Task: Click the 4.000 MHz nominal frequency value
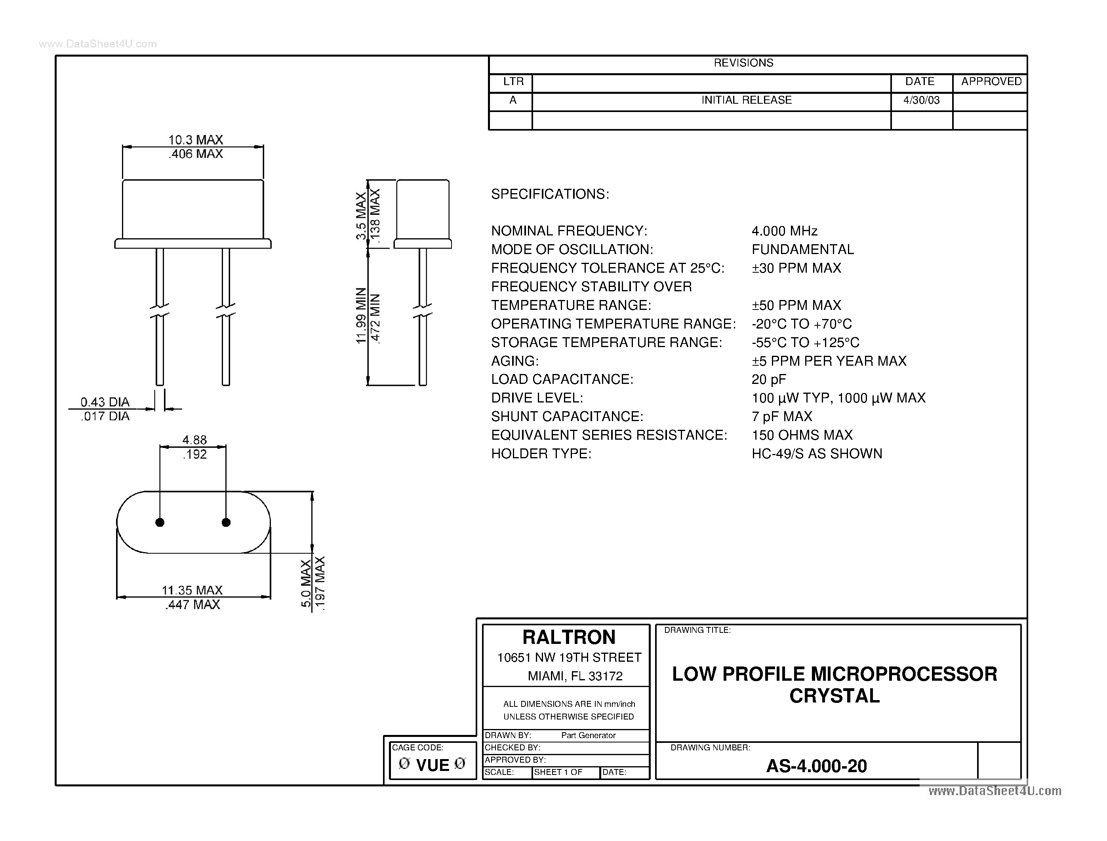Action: coord(785,231)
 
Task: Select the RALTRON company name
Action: coord(569,637)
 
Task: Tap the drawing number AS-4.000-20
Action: coord(816,766)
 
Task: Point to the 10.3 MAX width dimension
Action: coord(195,140)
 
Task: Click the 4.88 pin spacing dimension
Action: coord(194,440)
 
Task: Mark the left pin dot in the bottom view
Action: coord(160,523)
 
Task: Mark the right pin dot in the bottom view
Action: coord(226,523)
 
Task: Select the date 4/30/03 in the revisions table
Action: coord(922,100)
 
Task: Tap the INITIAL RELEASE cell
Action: coord(746,100)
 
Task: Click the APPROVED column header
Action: coord(991,81)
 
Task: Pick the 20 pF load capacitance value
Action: coord(769,380)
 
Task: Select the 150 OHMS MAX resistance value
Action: coord(802,435)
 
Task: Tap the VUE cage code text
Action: coord(433,765)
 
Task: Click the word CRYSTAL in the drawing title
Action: coord(835,696)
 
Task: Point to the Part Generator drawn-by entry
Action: coord(588,735)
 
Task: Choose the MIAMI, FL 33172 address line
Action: coord(575,676)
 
